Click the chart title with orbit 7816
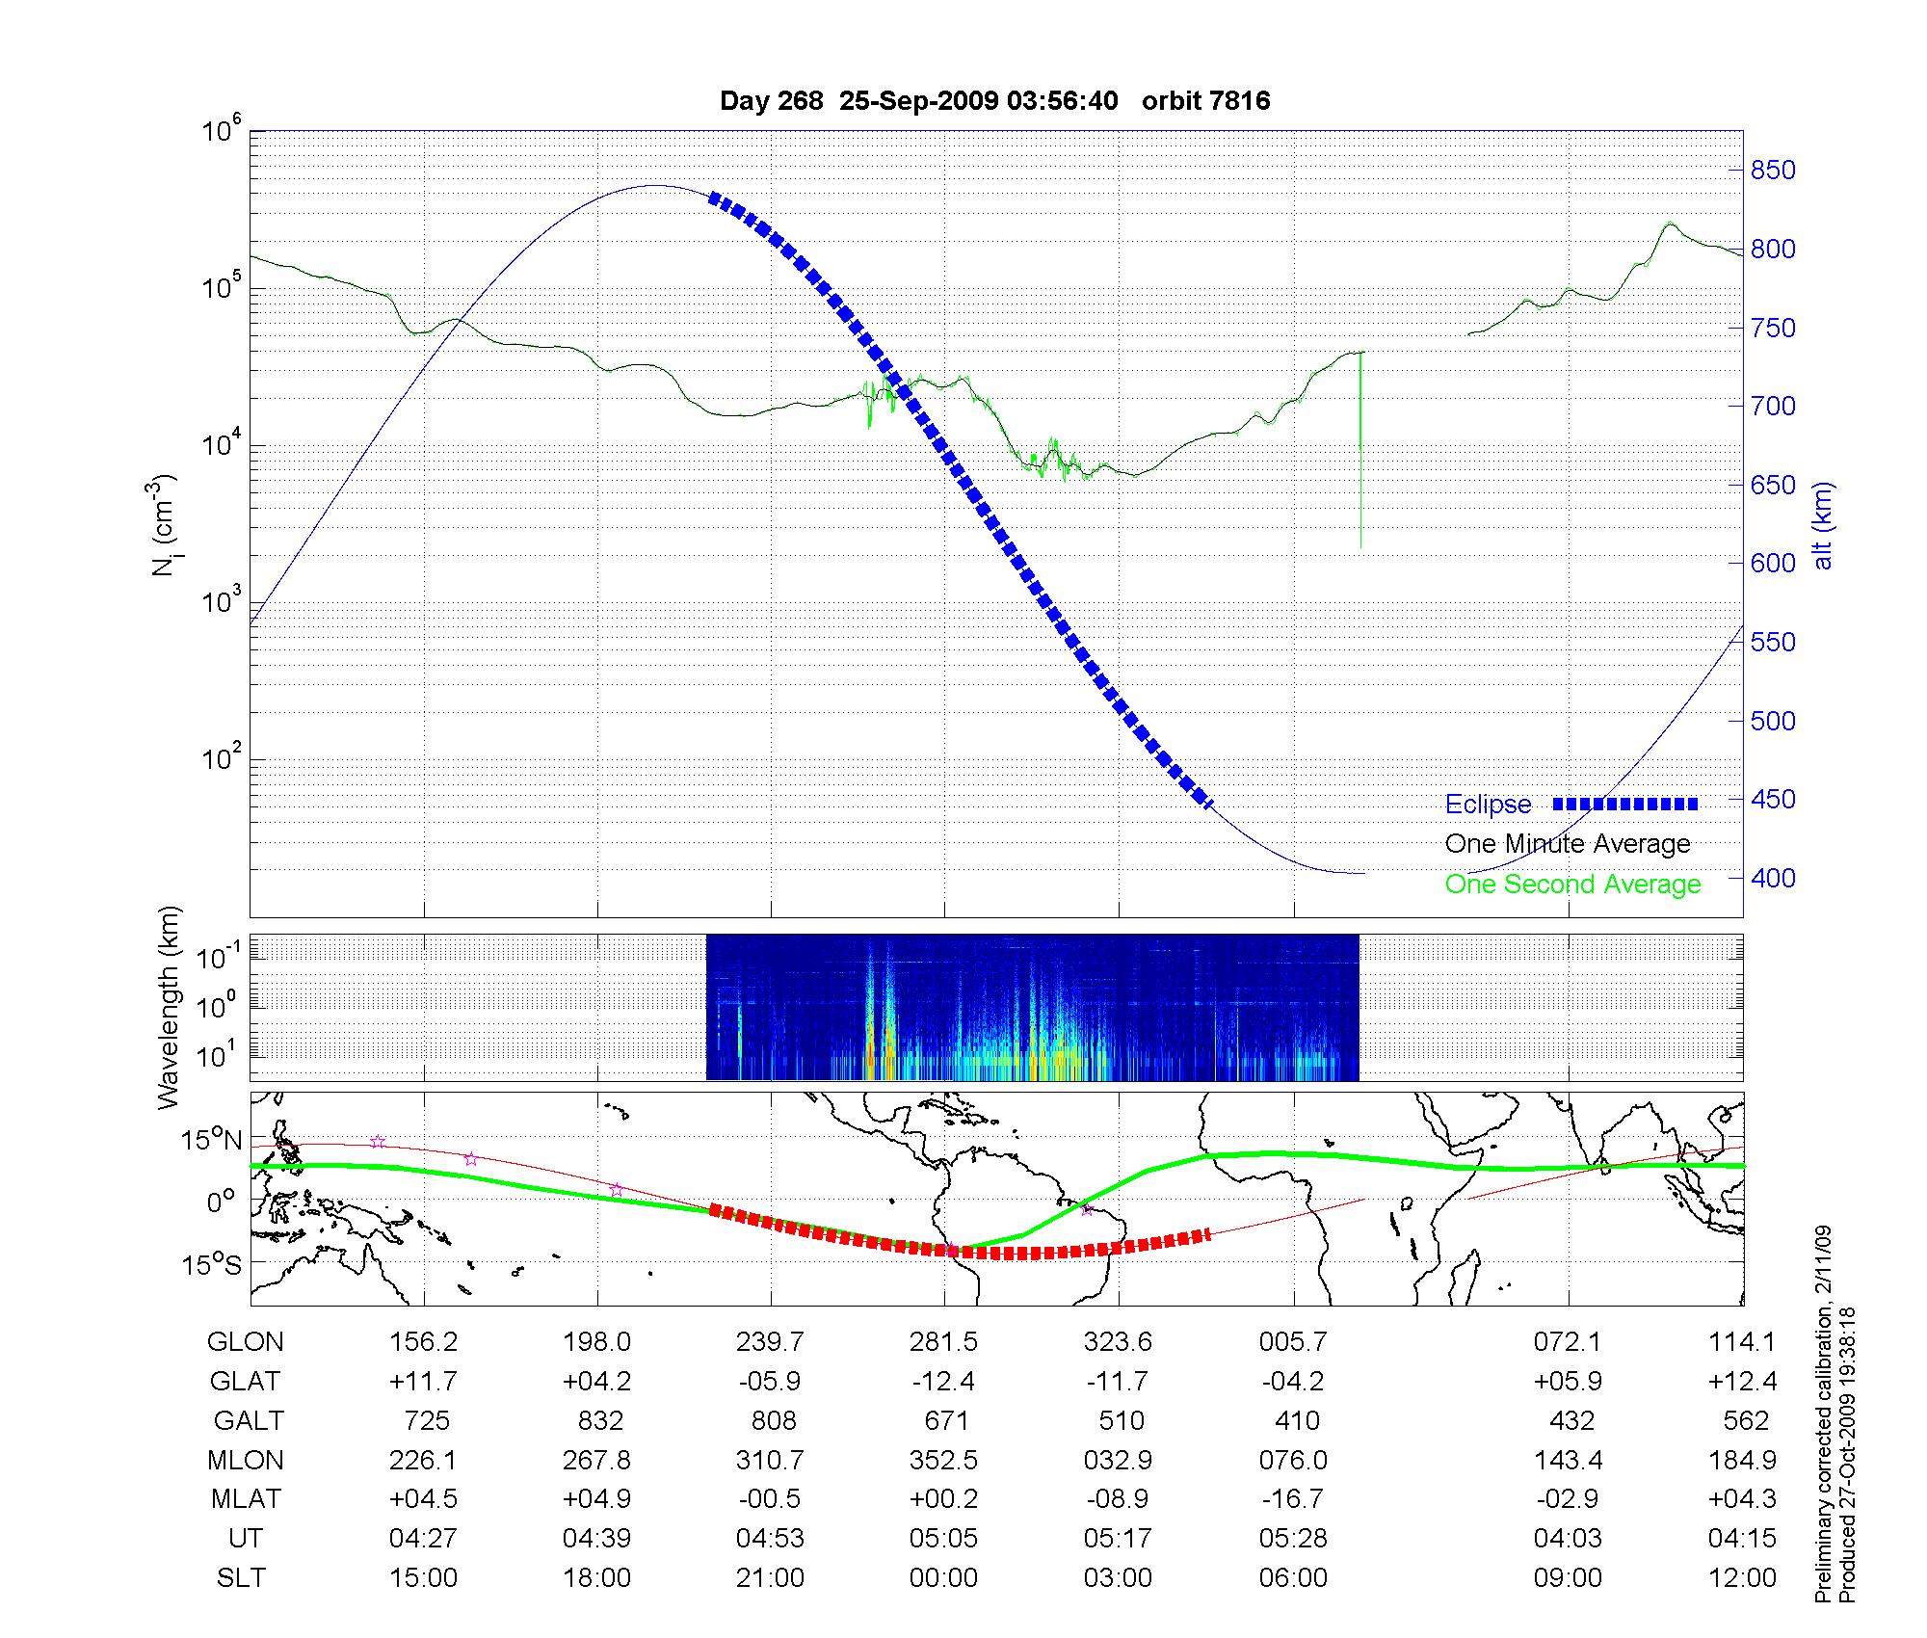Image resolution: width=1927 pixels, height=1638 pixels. [x=994, y=101]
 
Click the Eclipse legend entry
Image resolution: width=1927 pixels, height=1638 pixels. [x=1488, y=805]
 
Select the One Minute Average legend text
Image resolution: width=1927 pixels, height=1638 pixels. [x=1568, y=844]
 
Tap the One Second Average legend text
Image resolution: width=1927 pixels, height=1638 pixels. [x=1572, y=885]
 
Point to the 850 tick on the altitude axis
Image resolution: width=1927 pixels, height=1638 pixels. [x=1773, y=171]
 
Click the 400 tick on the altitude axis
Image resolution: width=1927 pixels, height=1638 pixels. [x=1773, y=878]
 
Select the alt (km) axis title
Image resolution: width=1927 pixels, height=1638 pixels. [x=1823, y=525]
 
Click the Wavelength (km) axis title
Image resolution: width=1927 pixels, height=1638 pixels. [x=169, y=1007]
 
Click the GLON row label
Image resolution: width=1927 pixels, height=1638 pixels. [x=246, y=1342]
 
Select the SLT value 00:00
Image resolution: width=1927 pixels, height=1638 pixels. [x=943, y=1578]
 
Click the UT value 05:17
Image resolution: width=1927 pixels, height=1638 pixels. [x=1118, y=1539]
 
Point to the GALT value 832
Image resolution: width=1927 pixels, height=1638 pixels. [x=597, y=1421]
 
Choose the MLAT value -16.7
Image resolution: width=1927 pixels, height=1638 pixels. [x=1292, y=1499]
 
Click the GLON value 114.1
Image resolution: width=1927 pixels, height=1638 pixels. [x=1742, y=1342]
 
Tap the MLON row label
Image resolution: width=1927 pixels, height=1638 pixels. [x=246, y=1461]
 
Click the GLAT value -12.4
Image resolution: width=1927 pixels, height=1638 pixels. [x=943, y=1382]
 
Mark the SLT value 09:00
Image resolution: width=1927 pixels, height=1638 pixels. [x=1568, y=1578]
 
